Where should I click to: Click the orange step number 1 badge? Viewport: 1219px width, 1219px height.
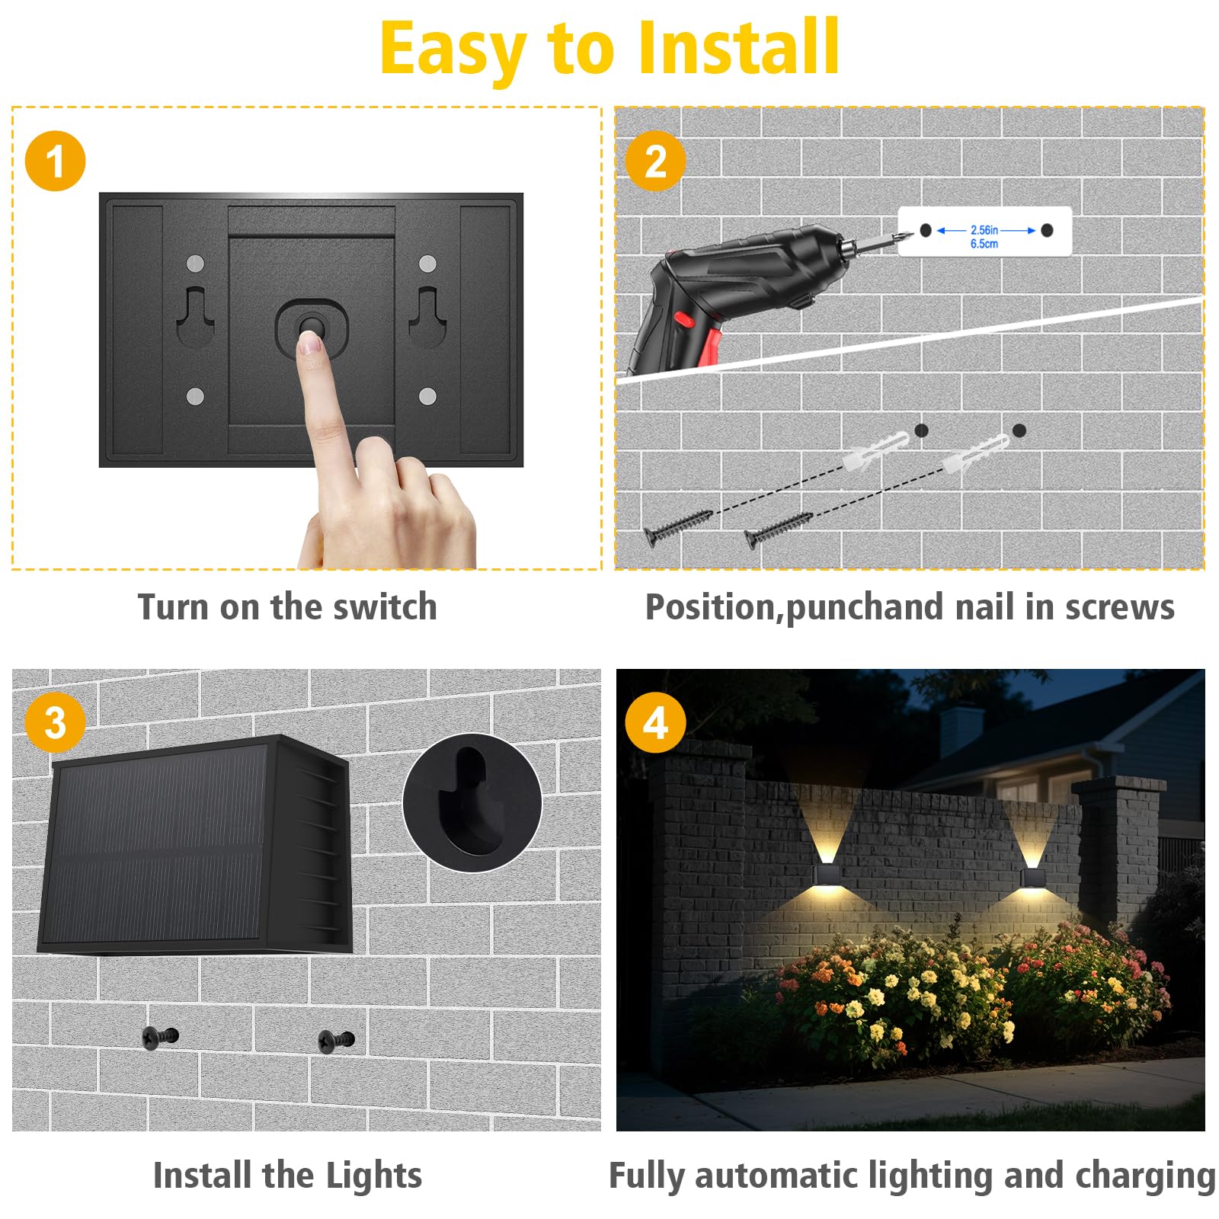[x=55, y=161]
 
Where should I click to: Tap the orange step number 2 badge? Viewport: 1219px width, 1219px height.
[x=655, y=161]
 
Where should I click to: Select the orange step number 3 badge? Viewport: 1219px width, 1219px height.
[x=55, y=722]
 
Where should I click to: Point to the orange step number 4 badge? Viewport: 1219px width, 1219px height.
[x=655, y=722]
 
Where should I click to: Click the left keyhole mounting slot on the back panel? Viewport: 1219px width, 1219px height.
[x=196, y=316]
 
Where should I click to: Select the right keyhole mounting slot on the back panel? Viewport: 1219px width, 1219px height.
[x=427, y=316]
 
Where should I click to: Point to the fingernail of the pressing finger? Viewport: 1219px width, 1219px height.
[x=310, y=345]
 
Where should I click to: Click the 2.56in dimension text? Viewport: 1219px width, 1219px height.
[x=984, y=230]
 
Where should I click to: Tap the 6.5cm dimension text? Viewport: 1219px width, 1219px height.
[x=984, y=244]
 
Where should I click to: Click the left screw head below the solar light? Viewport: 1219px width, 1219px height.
[x=159, y=1036]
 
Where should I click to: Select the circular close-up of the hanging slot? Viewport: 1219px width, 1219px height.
[x=472, y=802]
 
